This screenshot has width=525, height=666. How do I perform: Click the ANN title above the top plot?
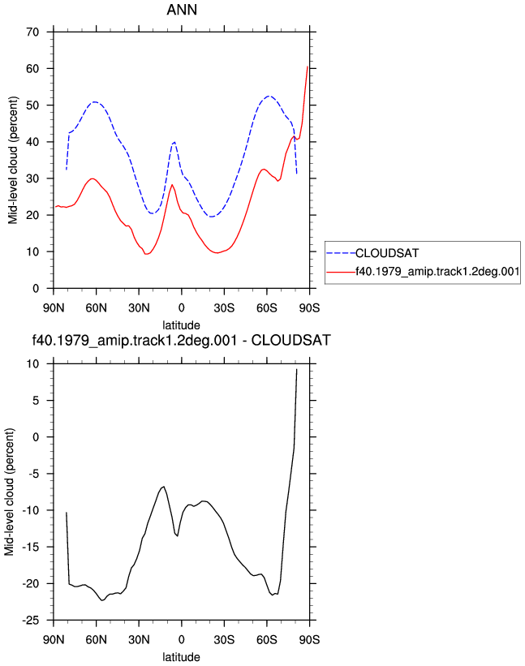(182, 10)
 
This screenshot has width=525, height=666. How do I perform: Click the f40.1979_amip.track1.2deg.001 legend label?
(437, 272)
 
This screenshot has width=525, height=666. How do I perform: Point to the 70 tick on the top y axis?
(32, 32)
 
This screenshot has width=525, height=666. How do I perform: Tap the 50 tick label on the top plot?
(32, 105)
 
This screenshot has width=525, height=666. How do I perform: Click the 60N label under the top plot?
(96, 307)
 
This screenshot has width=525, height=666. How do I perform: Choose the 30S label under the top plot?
(224, 307)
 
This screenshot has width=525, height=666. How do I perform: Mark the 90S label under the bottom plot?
(309, 640)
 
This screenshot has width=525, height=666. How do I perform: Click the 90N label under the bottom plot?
(54, 640)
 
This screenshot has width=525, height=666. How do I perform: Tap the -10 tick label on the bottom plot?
(31, 510)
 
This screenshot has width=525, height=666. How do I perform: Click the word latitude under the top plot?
(182, 325)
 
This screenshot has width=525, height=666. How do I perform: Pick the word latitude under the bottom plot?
(182, 657)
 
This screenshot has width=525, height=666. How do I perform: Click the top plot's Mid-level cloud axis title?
(13, 160)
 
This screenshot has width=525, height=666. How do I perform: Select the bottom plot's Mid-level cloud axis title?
(10, 492)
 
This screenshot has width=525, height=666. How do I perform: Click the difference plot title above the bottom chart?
(182, 340)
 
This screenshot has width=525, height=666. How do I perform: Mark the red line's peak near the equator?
(172, 185)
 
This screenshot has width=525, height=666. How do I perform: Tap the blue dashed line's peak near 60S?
(269, 96)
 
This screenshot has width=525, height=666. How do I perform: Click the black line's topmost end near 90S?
(296, 370)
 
